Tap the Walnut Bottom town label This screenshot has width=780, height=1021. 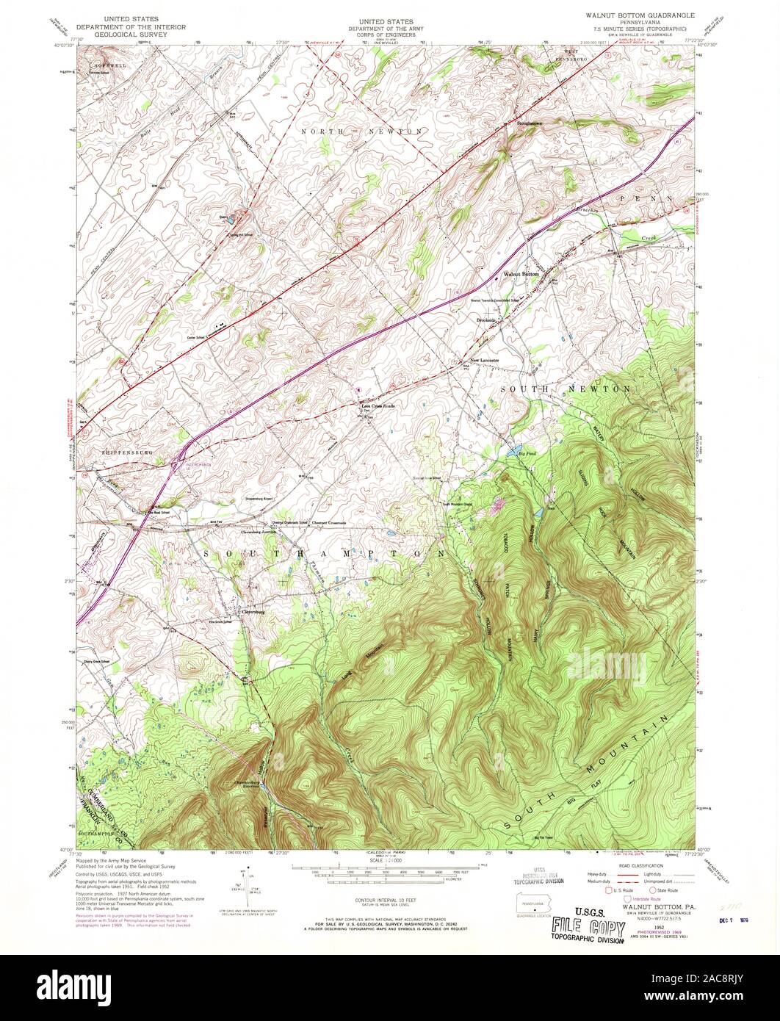click(521, 274)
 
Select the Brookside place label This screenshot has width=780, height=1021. click(488, 320)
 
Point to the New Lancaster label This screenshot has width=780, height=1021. click(485, 361)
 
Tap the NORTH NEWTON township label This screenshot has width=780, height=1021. click(362, 131)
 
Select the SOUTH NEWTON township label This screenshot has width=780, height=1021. click(564, 387)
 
